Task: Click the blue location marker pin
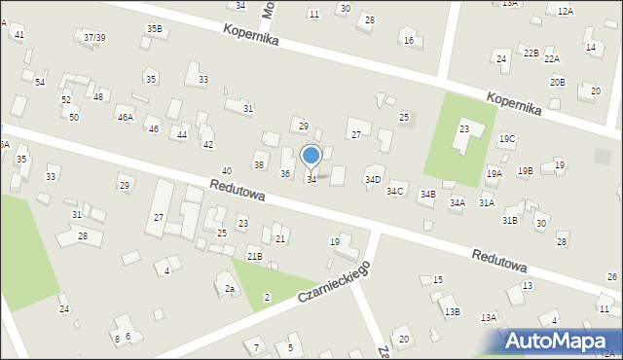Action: coord(311,156)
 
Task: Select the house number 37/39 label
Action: coord(94,37)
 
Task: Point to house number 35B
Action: coord(154,28)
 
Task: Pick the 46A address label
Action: coord(125,118)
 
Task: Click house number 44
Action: coord(182,134)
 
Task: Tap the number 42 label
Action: coord(207,144)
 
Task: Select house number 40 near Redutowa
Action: coord(226,170)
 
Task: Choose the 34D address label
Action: coord(373,180)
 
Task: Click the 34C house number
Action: coord(394,191)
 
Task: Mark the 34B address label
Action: coord(427,195)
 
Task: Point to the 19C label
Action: coord(507,139)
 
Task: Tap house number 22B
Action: coord(530,53)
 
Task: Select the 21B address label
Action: coord(254,256)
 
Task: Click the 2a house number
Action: coord(230,288)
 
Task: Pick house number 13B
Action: coord(452,311)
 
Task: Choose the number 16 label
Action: coord(409,40)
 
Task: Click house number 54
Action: coord(40,82)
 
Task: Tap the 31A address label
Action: coord(486,202)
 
